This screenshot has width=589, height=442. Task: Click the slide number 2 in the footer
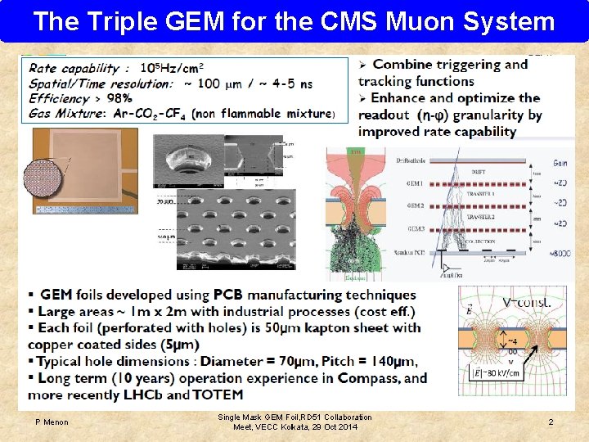pos(551,422)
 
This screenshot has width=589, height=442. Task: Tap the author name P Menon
pos(52,422)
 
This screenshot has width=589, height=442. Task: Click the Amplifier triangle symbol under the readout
pos(447,268)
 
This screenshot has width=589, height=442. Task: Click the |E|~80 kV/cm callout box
pos(497,372)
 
